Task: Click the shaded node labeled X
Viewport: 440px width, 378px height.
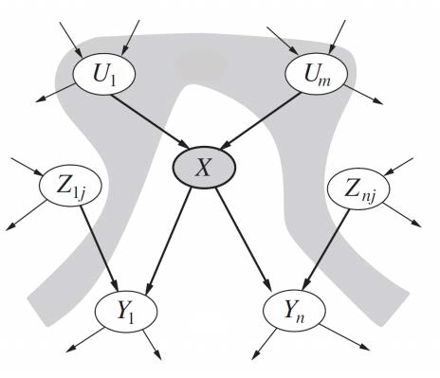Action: pos(202,169)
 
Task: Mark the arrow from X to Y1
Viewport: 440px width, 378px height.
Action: pos(170,237)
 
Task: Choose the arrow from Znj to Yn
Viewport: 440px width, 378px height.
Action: pos(326,248)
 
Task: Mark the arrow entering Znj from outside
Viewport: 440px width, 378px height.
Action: pos(399,169)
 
